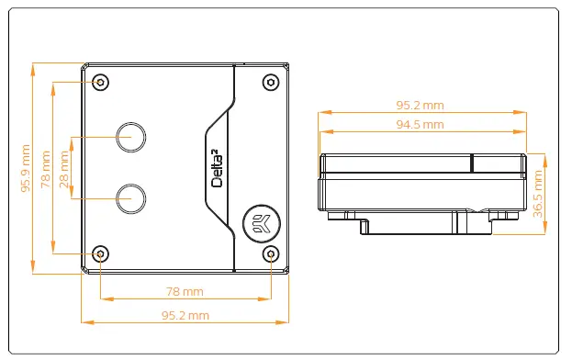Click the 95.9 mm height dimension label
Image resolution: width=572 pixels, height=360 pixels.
(x=26, y=168)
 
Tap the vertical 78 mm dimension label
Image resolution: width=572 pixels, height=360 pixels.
(x=46, y=169)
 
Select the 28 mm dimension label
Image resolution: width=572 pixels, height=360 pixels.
(x=64, y=169)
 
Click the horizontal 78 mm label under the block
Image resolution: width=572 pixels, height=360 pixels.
(x=185, y=291)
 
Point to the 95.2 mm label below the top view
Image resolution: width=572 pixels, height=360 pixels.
(x=185, y=315)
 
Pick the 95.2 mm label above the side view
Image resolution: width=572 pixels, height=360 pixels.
(x=420, y=105)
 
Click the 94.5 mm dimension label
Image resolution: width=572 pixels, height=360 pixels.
(x=420, y=124)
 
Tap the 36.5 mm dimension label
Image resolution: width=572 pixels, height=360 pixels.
(x=538, y=194)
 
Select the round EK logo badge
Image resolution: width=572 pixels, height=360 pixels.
(x=262, y=223)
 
